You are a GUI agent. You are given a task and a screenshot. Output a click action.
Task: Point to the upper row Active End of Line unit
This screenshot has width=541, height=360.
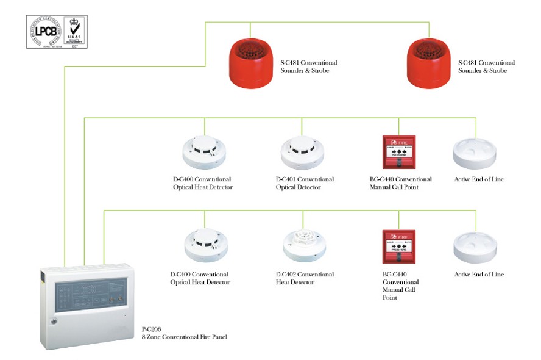(475, 153)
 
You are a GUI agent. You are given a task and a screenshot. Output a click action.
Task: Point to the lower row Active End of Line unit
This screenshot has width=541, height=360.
(475, 247)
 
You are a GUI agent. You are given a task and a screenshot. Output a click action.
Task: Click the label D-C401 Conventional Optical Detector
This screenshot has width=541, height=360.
(305, 183)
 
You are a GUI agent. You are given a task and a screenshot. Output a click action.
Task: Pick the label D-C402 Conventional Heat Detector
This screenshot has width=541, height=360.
(305, 278)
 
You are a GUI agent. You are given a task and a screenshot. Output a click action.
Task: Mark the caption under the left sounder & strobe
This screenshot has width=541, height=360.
(308, 67)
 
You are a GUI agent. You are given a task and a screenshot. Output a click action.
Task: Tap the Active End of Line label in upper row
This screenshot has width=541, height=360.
(479, 179)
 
